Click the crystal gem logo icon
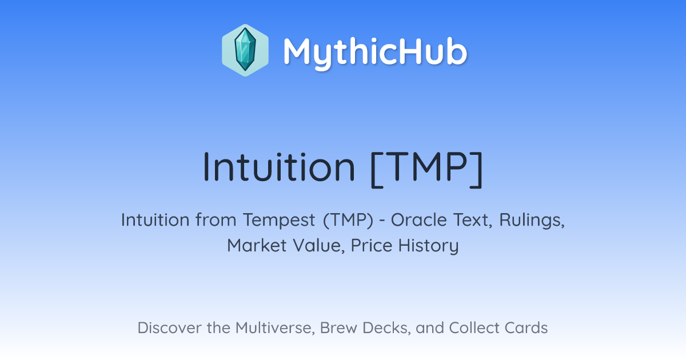(x=245, y=50)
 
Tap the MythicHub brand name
(x=375, y=52)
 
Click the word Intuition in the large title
(x=279, y=167)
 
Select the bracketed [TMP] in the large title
(x=426, y=168)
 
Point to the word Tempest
(x=279, y=220)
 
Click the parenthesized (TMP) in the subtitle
(x=348, y=220)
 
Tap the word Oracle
(x=418, y=220)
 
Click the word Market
(x=257, y=245)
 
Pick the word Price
(x=372, y=245)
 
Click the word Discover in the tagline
(x=169, y=327)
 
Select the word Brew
(x=338, y=327)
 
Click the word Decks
(x=386, y=328)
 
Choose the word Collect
(x=474, y=327)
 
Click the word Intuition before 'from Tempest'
(x=155, y=220)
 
